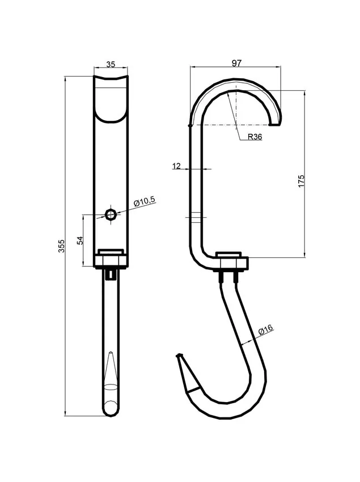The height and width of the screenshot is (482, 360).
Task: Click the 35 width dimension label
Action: pyautogui.click(x=111, y=64)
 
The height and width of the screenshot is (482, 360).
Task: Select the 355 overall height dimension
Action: pyautogui.click(x=61, y=246)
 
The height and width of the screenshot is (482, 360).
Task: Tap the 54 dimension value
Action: pyautogui.click(x=80, y=240)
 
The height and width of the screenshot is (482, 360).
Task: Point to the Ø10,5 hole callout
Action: pyautogui.click(x=145, y=201)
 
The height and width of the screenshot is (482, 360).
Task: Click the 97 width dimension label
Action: pyautogui.click(x=236, y=63)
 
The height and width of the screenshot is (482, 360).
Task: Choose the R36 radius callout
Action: pyautogui.click(x=255, y=137)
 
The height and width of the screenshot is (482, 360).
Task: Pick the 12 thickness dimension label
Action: pyautogui.click(x=176, y=166)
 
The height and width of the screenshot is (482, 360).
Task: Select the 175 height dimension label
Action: pyautogui.click(x=301, y=181)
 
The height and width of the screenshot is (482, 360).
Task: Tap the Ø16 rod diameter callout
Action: pyautogui.click(x=266, y=330)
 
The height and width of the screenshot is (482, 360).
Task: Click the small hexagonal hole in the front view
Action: pyautogui.click(x=110, y=214)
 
